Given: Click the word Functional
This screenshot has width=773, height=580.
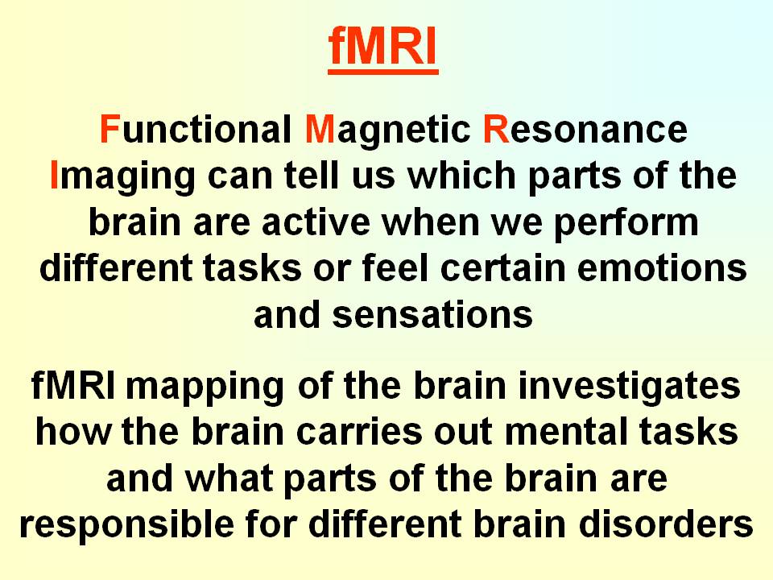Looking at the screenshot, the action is pyautogui.click(x=193, y=130).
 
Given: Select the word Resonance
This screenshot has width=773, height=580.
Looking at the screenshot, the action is pyautogui.click(x=585, y=130).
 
